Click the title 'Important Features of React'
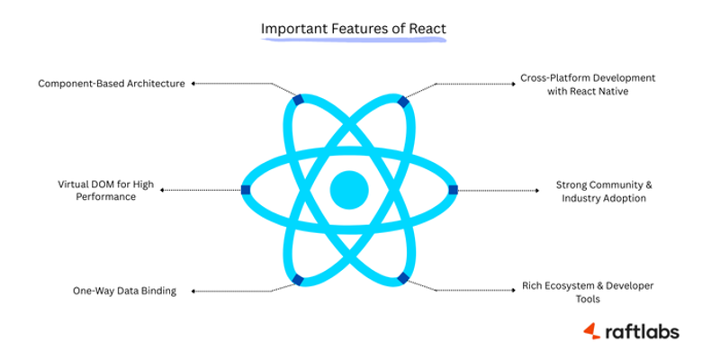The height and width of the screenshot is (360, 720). (353, 29)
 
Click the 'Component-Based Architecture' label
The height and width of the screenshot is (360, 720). (112, 84)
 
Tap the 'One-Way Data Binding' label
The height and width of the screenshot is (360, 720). (124, 291)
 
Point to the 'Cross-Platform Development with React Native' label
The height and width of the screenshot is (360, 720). (588, 85)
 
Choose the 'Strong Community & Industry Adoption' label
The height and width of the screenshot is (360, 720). (604, 191)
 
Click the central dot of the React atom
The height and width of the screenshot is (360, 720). (349, 189)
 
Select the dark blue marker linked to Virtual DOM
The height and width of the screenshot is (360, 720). (246, 189)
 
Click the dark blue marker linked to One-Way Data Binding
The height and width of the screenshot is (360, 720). (297, 279)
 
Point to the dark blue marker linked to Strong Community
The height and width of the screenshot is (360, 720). (453, 189)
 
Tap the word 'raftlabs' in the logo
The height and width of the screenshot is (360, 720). (642, 331)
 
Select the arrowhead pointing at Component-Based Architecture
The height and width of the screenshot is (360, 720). (193, 84)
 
